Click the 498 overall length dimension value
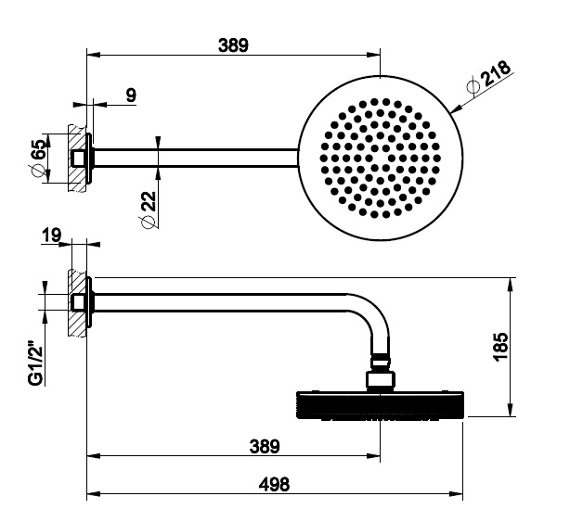point(274,484)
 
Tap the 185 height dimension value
point(500,347)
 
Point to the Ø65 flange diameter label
point(37,155)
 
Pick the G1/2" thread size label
point(35,363)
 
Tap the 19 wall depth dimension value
point(51,235)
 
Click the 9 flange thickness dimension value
point(131,95)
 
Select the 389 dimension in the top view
point(233,45)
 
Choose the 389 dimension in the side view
point(265,446)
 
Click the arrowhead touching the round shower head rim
point(456,108)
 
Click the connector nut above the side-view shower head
point(380,380)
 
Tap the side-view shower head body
point(380,405)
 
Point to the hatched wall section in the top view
point(77,159)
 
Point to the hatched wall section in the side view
point(77,303)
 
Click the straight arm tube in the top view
point(196,158)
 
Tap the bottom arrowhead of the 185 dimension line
point(511,410)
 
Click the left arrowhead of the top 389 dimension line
point(94,56)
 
